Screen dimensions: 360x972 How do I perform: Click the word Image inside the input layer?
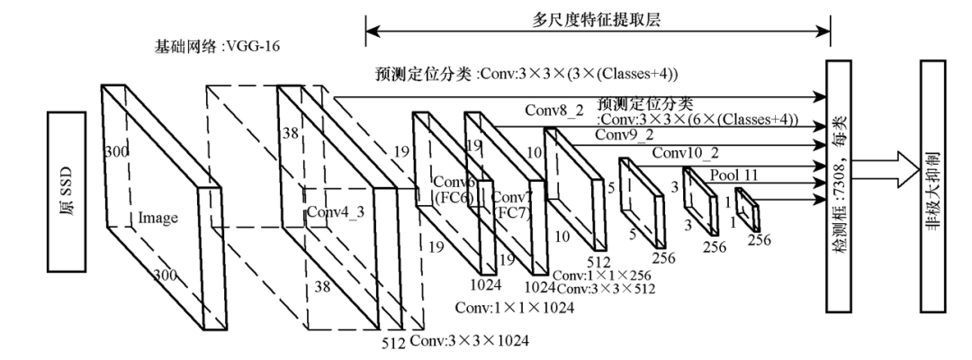tap(158, 217)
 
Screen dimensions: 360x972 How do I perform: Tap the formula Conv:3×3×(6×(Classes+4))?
tap(711, 122)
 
